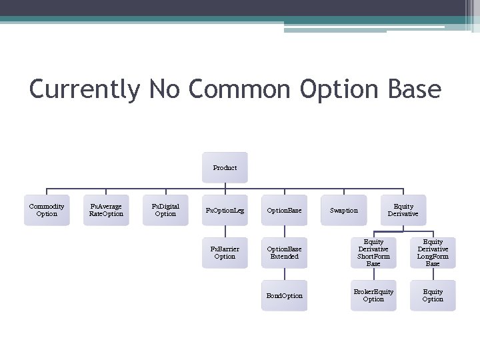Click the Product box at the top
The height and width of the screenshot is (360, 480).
[x=225, y=167]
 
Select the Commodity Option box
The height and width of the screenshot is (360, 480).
[x=47, y=210]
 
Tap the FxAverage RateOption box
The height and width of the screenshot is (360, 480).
[x=106, y=210]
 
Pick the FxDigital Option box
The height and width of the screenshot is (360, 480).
[x=165, y=210]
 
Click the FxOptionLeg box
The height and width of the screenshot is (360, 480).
[x=225, y=210]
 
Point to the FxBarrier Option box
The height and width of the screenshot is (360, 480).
[x=225, y=253]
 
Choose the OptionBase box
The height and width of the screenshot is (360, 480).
[x=284, y=210]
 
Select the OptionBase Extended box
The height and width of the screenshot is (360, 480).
[x=284, y=253]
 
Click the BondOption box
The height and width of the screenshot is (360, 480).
[x=284, y=295]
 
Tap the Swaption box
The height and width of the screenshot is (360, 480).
[x=343, y=210]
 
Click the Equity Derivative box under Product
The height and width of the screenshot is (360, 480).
[x=403, y=210]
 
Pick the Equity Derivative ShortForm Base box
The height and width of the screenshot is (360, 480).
[x=373, y=253]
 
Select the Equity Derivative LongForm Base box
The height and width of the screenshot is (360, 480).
[x=433, y=253]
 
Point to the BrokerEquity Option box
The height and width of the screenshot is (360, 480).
[x=373, y=295]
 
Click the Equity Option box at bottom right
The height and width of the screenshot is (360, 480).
[x=433, y=295]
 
